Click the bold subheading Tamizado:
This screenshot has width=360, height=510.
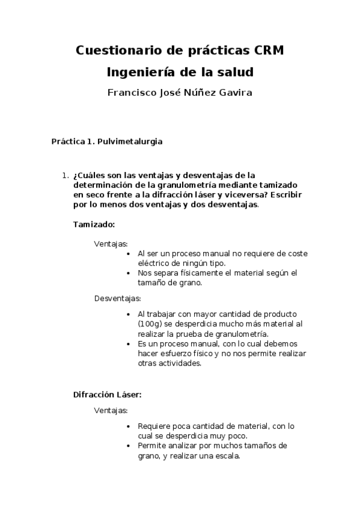94,224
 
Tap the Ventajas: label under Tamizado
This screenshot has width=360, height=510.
111,244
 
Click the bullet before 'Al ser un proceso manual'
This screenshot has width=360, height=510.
130,254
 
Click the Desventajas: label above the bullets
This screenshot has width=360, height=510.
117,298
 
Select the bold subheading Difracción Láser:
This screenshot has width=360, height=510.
107,395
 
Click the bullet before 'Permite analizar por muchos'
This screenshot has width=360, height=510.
130,446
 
